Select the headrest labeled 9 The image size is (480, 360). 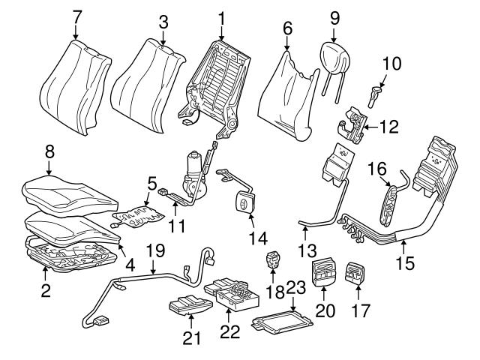pyautogui.click(x=335, y=56)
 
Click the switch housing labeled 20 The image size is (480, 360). pyautogui.click(x=323, y=272)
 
